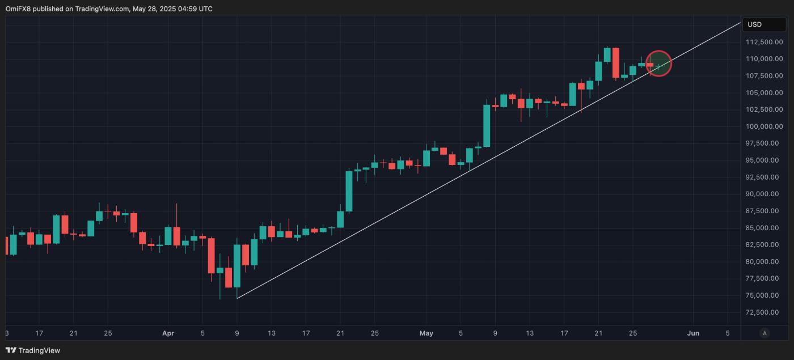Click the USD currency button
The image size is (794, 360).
pyautogui.click(x=763, y=24)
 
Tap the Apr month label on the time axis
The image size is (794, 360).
pyautogui.click(x=168, y=333)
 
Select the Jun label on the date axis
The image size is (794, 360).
pyautogui.click(x=693, y=333)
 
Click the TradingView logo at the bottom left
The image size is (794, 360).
pyautogui.click(x=32, y=350)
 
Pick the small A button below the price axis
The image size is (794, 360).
pyautogui.click(x=764, y=333)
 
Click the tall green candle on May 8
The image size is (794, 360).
pyautogui.click(x=487, y=126)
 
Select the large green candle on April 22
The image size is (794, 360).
pyautogui.click(x=349, y=191)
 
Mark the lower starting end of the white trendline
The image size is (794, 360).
pyautogui.click(x=237, y=298)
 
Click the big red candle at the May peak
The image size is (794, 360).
pyautogui.click(x=615, y=62)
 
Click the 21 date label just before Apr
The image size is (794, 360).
pyautogui.click(x=73, y=333)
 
